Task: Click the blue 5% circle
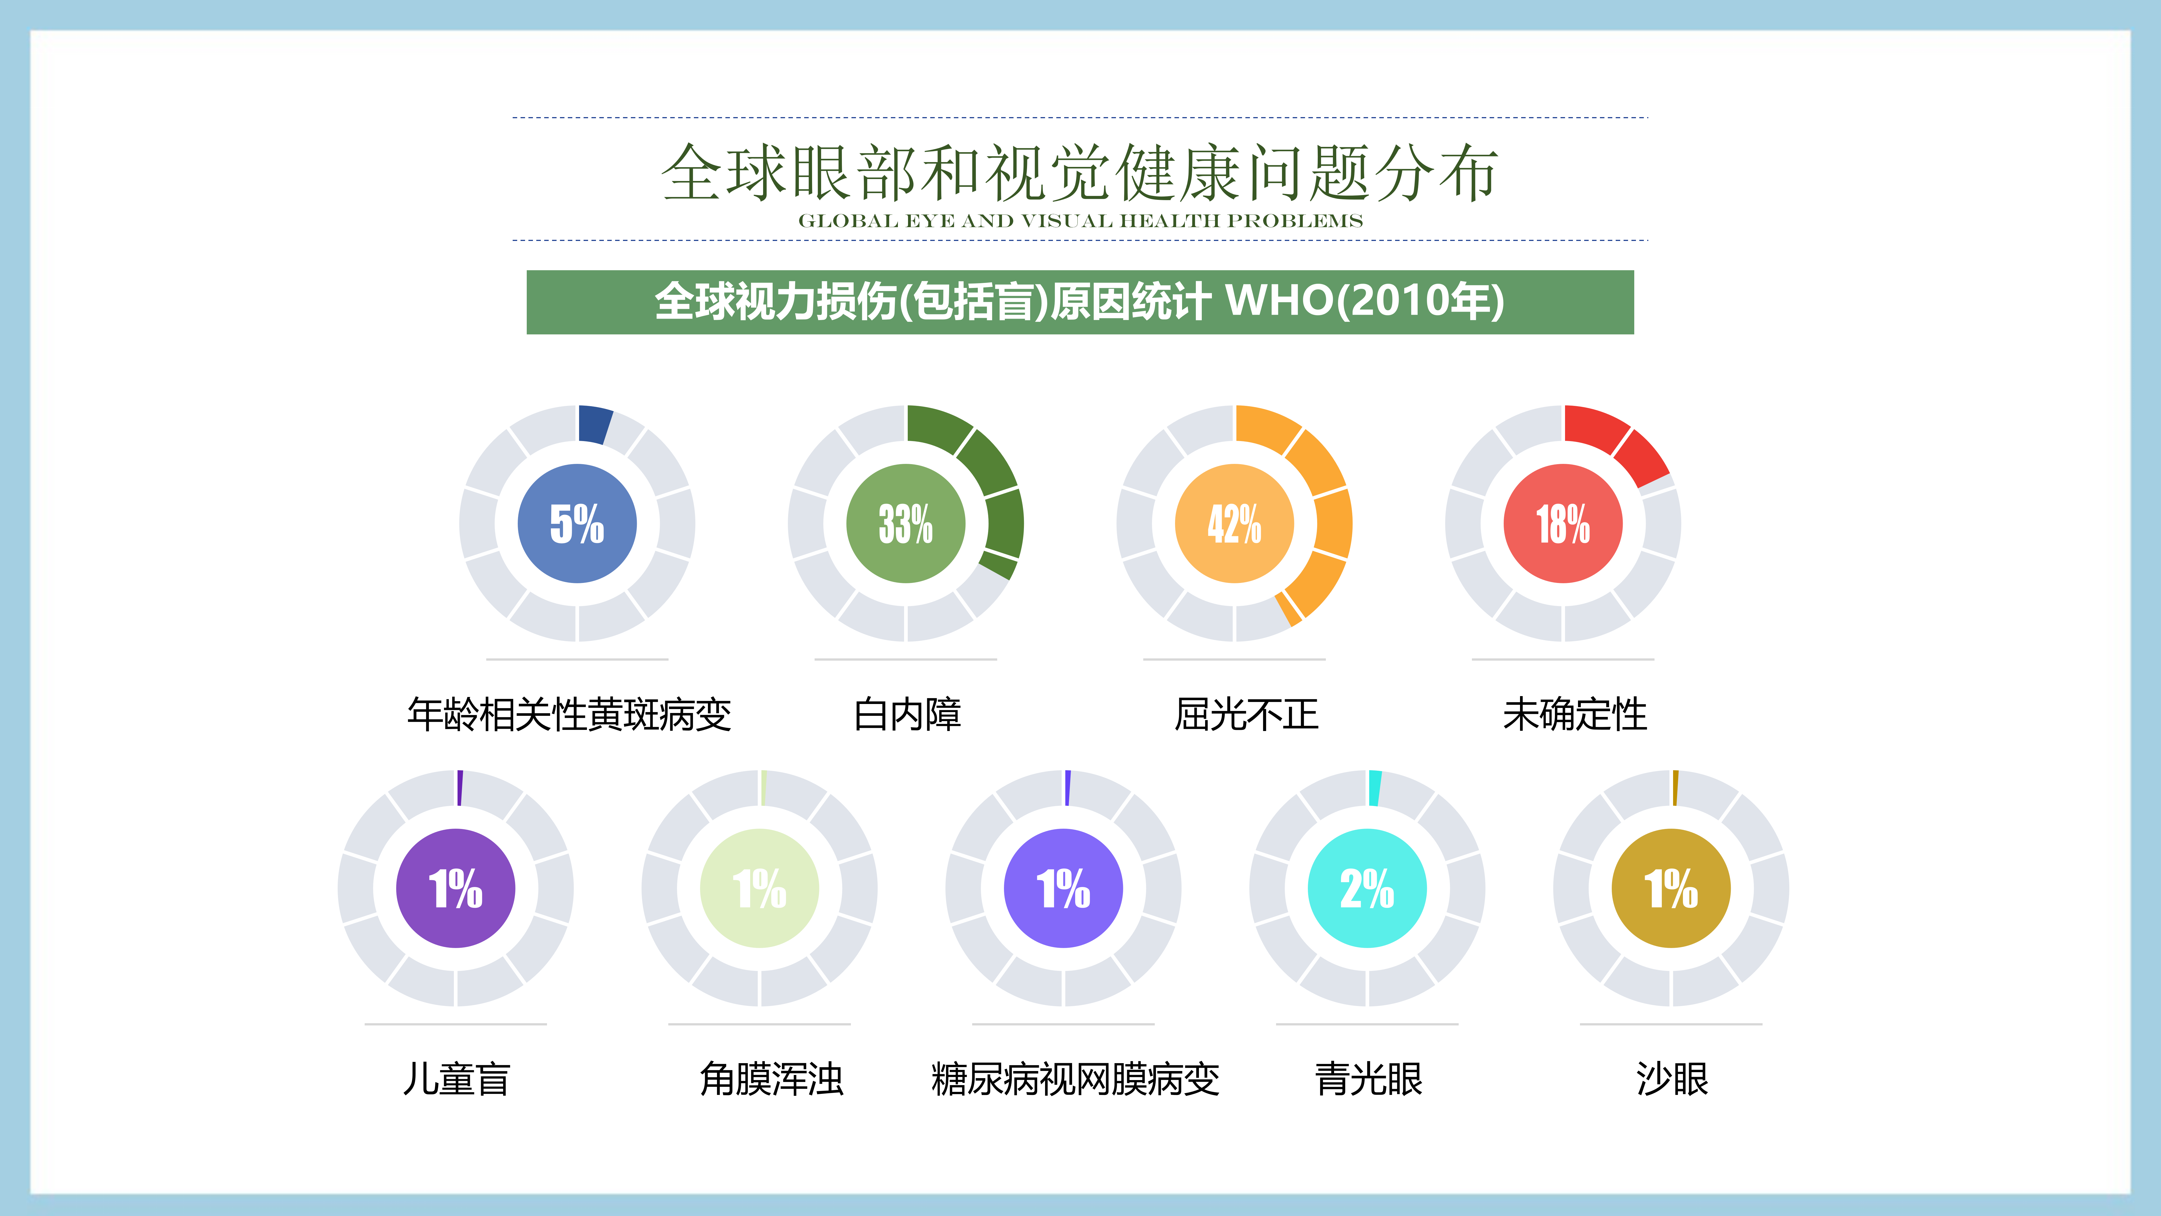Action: click(x=577, y=524)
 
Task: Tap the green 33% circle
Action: click(x=906, y=524)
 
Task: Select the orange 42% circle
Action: click(x=1234, y=524)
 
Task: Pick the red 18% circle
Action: click(x=1563, y=524)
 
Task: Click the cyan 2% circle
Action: click(x=1368, y=888)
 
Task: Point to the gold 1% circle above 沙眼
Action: click(x=1671, y=888)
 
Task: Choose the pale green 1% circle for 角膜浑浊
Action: click(x=759, y=888)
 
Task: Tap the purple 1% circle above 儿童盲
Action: click(x=456, y=888)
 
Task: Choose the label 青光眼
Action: click(x=1368, y=1079)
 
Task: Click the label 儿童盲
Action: click(x=456, y=1079)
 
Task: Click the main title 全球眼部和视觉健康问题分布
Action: click(x=1080, y=173)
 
